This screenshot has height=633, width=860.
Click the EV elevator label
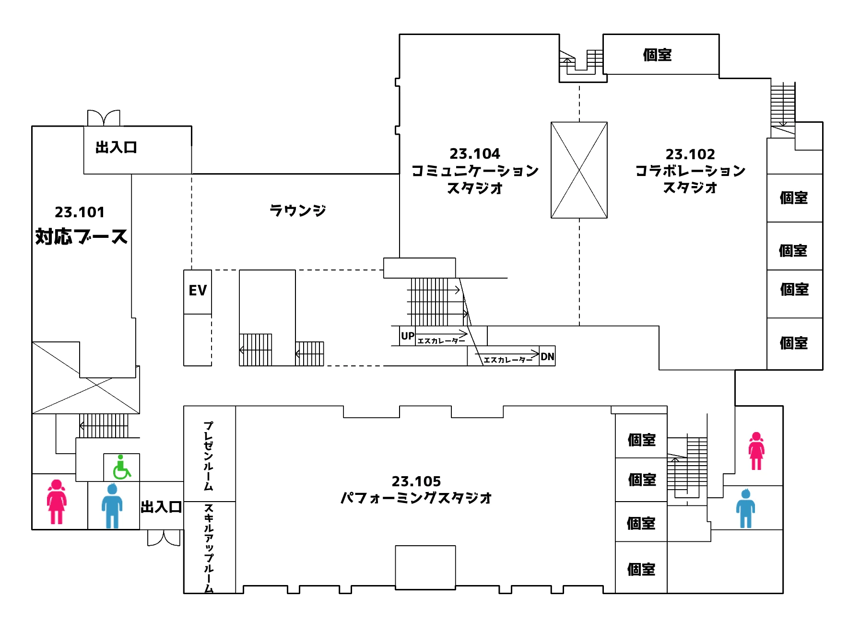[198, 290]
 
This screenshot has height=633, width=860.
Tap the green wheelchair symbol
[121, 468]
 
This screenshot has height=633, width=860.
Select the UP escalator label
[408, 336]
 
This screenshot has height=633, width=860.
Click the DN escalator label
[547, 356]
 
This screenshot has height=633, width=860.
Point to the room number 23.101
[80, 212]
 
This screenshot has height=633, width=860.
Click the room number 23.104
[475, 153]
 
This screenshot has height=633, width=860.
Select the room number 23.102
[690, 154]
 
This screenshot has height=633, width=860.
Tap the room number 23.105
[416, 481]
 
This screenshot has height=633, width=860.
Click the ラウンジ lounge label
[298, 210]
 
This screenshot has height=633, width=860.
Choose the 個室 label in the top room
[657, 55]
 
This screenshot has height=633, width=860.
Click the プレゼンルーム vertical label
[208, 456]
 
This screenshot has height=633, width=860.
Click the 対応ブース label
[82, 236]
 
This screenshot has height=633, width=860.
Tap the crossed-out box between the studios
[579, 170]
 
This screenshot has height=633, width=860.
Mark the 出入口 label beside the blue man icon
[161, 507]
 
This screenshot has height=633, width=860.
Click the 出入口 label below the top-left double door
[116, 147]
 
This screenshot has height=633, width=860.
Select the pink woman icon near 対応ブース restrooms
[57, 502]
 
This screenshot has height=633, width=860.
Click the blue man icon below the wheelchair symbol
[112, 506]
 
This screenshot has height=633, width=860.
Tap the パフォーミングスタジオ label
[416, 498]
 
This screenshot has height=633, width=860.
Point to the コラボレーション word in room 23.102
[690, 171]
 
